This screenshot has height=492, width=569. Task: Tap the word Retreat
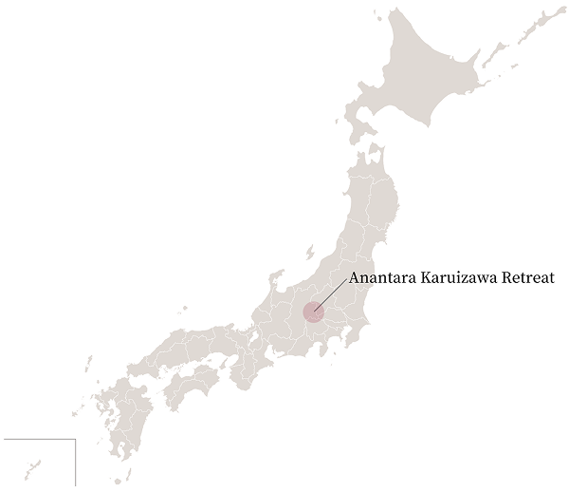[x=534, y=278]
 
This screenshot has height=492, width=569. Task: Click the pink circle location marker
[x=314, y=310]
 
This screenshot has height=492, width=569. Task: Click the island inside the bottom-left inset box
[x=35, y=467]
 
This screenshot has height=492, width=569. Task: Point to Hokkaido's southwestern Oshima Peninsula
[x=359, y=122]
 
